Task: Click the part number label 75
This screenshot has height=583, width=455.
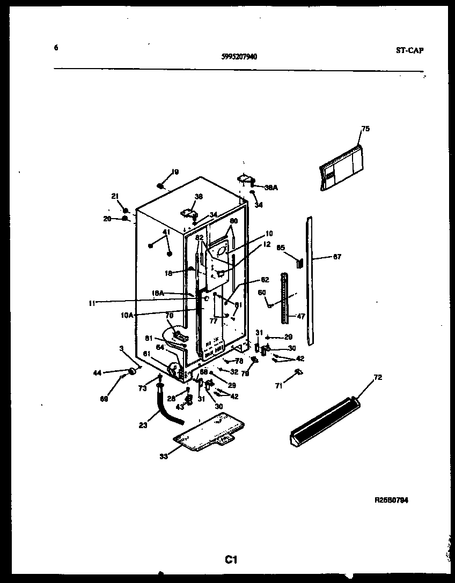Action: tap(365, 129)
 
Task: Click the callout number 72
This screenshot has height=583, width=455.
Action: tap(378, 378)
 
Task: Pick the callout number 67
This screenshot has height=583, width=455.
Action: tap(337, 257)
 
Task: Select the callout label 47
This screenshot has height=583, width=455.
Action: tap(300, 317)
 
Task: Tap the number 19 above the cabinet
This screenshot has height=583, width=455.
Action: tap(175, 172)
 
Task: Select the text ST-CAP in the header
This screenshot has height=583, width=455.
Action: tap(410, 50)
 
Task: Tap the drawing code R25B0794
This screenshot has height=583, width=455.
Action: tap(391, 500)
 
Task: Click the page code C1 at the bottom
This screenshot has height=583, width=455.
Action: tap(231, 560)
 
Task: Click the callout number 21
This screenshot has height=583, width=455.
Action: tap(114, 197)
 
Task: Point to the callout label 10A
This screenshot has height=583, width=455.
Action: tap(127, 316)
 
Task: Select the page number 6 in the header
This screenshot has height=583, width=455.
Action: tap(56, 47)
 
